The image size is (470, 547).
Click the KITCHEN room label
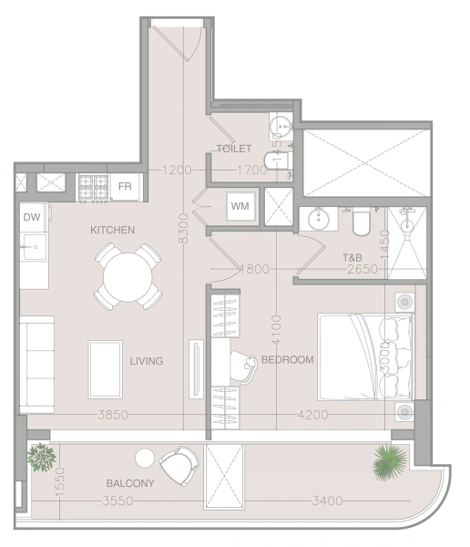[x=112, y=230]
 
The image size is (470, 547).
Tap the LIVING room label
[x=147, y=361]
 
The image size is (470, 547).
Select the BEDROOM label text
[x=288, y=360]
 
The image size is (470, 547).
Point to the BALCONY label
[x=130, y=483]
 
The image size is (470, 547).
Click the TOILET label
[x=234, y=149]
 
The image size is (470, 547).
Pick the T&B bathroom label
[x=352, y=258]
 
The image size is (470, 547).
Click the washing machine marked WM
[x=240, y=206]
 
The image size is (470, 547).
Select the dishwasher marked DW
[x=32, y=218]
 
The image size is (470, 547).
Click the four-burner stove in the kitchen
[x=93, y=188]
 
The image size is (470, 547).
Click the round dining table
[x=128, y=277]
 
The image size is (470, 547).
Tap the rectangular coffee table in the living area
[x=106, y=369]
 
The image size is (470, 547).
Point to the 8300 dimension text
[x=183, y=229]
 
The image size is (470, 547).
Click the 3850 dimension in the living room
[x=113, y=415]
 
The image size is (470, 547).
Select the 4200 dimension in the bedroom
[x=312, y=415]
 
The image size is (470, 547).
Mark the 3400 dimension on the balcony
[x=327, y=501]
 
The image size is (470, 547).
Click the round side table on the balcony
[x=145, y=458]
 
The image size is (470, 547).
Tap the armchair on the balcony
[x=179, y=466]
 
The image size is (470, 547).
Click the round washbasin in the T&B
[x=319, y=220]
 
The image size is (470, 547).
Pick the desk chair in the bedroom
[x=245, y=367]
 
